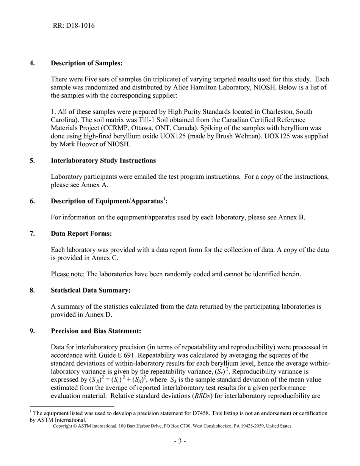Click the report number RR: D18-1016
[74, 26]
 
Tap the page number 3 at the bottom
[180, 441]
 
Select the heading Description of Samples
[86, 63]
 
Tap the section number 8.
[32, 291]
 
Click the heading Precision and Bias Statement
[96, 331]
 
